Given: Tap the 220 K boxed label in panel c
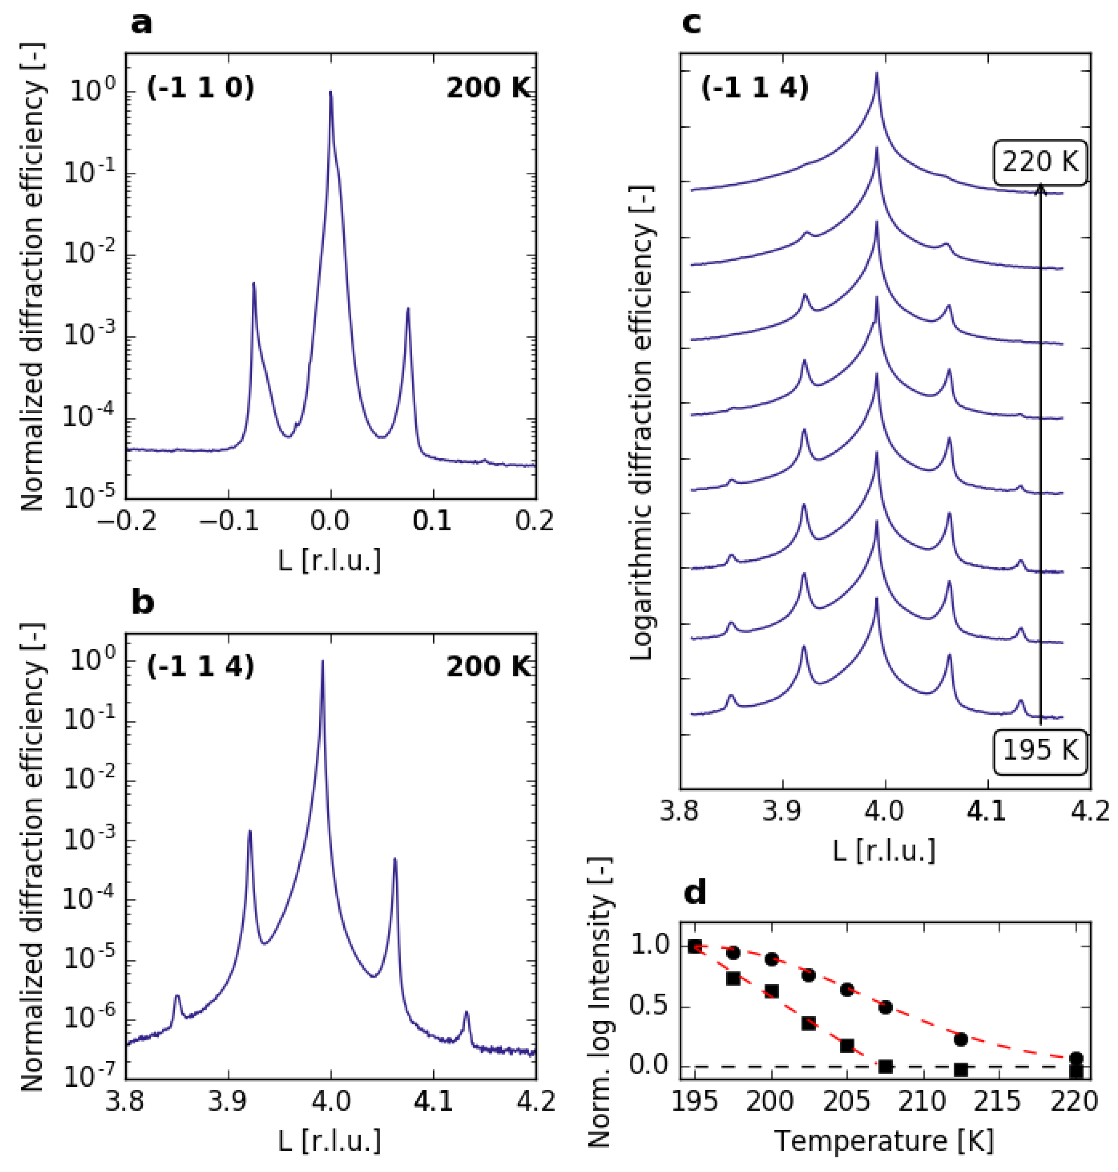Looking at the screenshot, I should pos(1040,162).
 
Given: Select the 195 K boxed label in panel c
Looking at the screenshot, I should pos(1040,750).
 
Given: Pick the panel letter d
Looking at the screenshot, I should pos(695,892).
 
